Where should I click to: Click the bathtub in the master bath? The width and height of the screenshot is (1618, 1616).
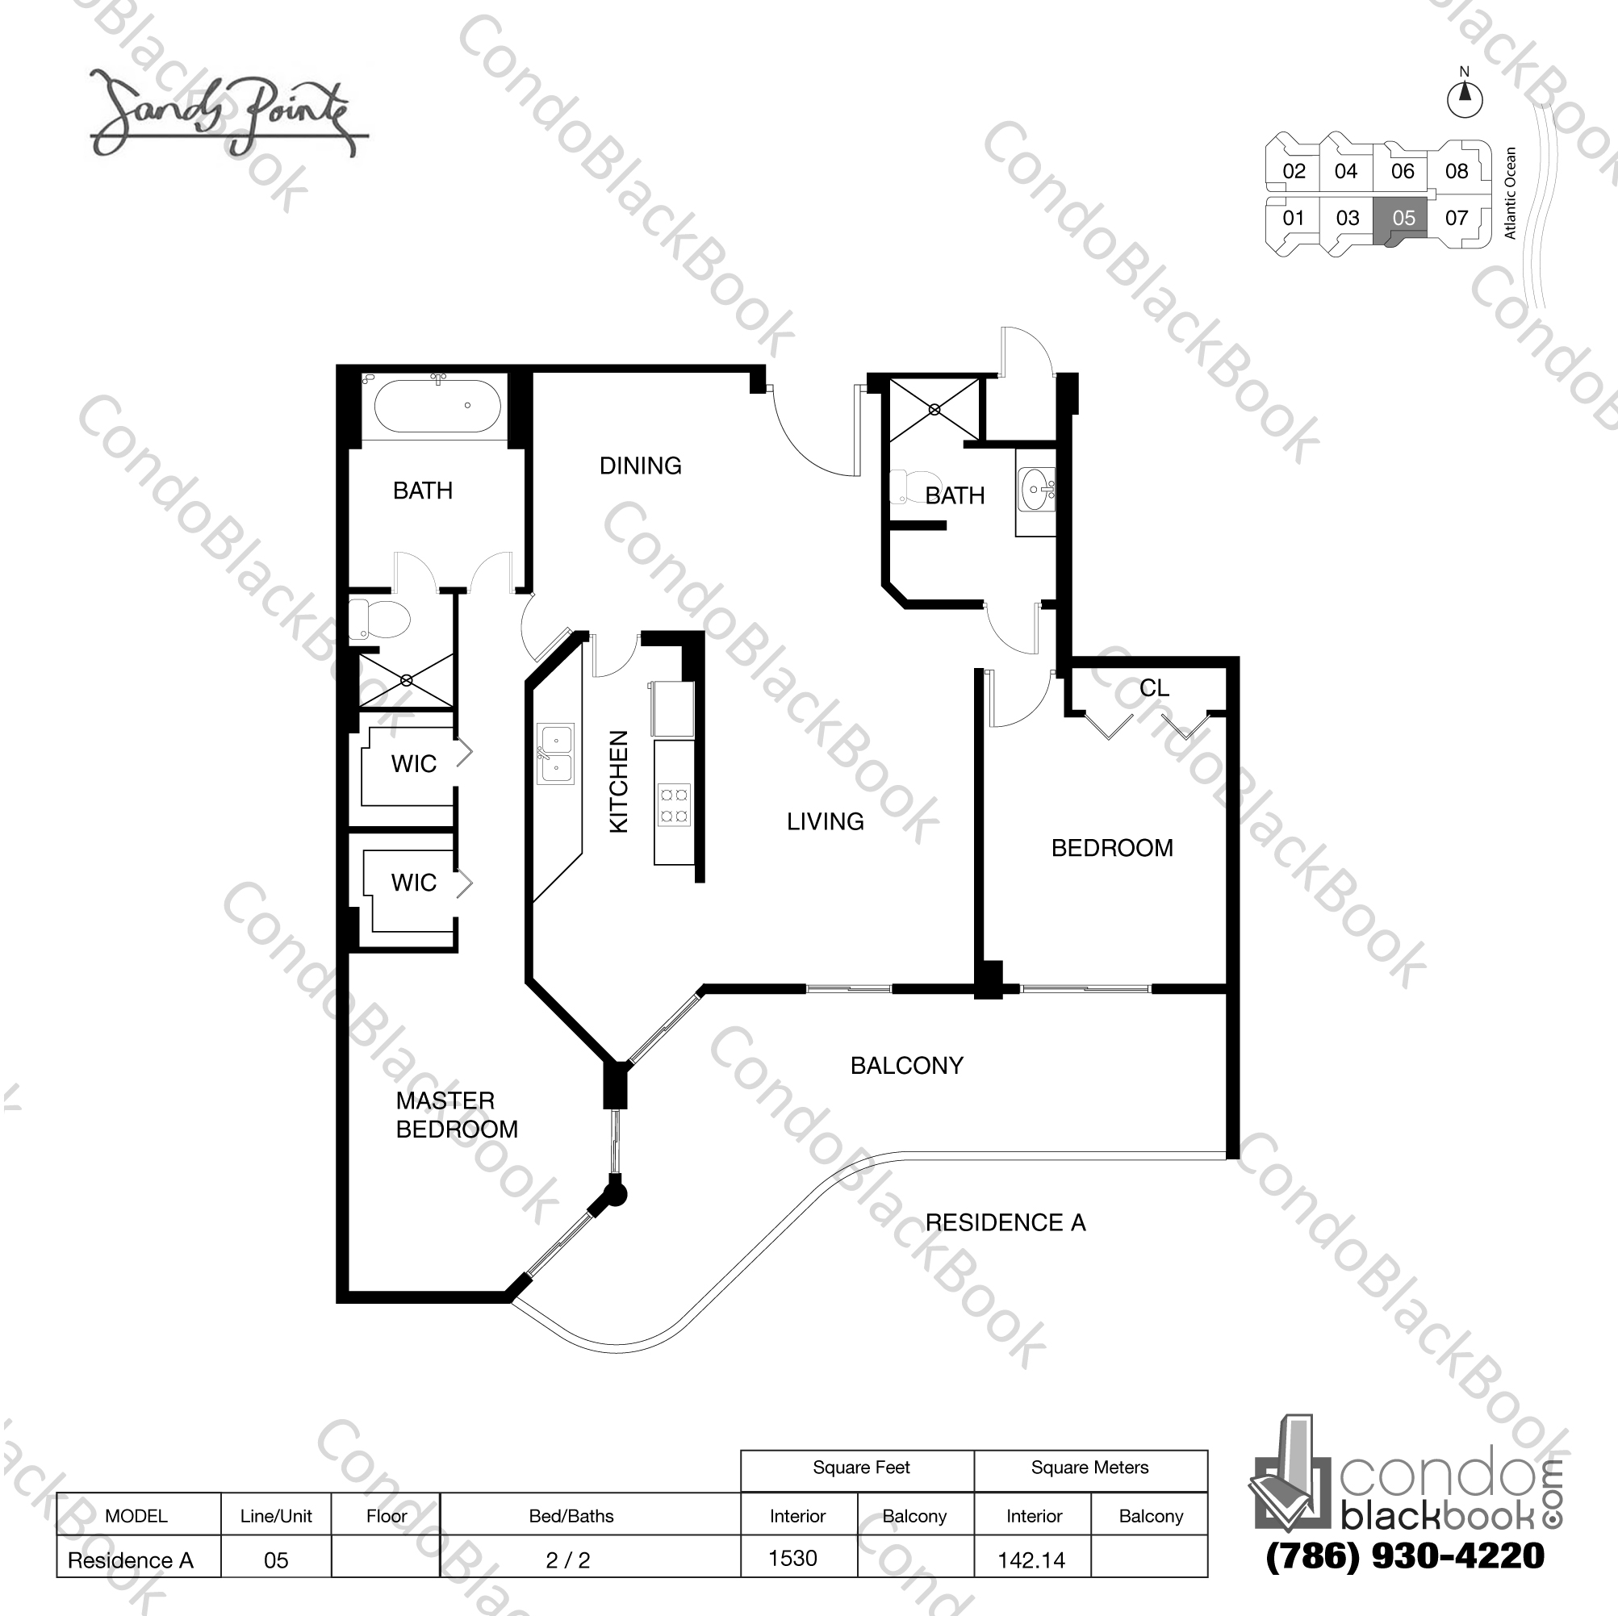click(x=437, y=406)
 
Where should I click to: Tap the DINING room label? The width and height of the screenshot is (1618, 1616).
click(x=640, y=466)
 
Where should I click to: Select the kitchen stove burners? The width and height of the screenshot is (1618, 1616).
click(x=674, y=804)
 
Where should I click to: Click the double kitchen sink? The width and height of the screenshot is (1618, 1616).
click(x=555, y=754)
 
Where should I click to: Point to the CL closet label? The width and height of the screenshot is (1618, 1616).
click(x=1153, y=688)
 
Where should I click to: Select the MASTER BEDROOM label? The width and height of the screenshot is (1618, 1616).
click(x=457, y=1114)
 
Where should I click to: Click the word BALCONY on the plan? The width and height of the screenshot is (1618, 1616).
click(x=906, y=1066)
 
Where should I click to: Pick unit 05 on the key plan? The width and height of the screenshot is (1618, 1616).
click(x=1403, y=219)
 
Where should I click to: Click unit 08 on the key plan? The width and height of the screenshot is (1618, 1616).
click(x=1457, y=172)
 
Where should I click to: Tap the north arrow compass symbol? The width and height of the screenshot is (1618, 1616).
click(x=1465, y=98)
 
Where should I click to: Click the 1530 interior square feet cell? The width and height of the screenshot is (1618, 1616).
click(x=793, y=1558)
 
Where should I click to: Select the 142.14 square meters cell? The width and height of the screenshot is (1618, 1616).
click(x=1031, y=1560)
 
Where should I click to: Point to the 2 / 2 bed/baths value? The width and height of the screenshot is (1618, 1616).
click(x=568, y=1560)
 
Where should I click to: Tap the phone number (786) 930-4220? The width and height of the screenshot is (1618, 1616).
click(x=1404, y=1555)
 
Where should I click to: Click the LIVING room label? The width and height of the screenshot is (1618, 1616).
click(x=825, y=821)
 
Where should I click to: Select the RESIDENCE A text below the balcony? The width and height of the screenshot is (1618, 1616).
click(x=1005, y=1223)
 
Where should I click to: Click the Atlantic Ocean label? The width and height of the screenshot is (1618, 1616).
click(x=1510, y=194)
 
